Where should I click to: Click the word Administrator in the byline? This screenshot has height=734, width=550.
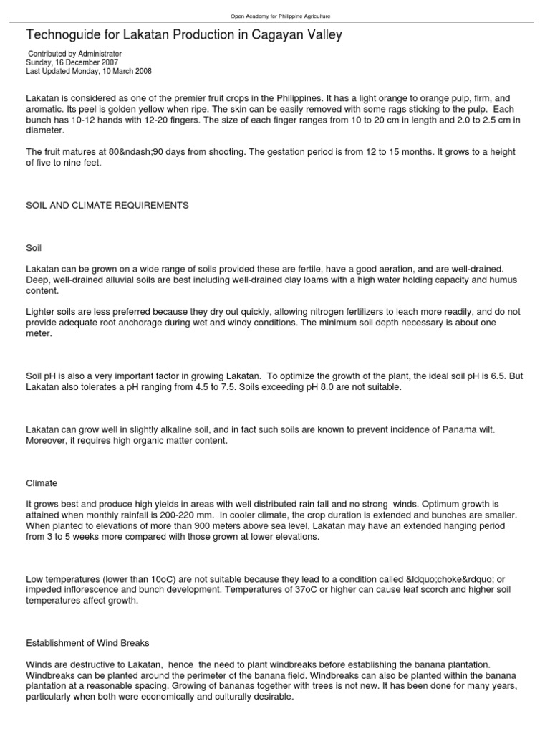tap(98, 54)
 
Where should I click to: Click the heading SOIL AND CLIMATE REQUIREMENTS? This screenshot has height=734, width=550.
tap(107, 206)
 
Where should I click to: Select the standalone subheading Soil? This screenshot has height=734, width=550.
tap(34, 247)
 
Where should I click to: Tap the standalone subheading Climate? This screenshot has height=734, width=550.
tap(42, 483)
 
